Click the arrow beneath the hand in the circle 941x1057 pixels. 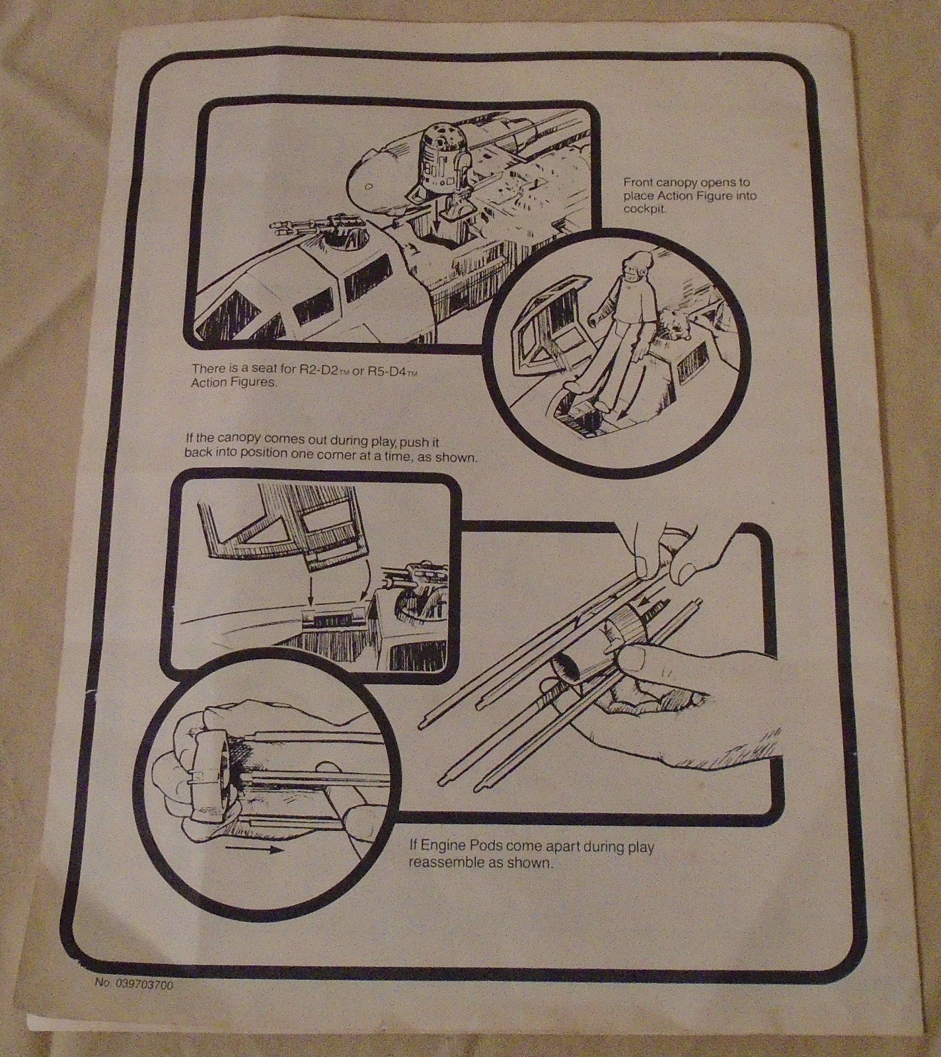[x=254, y=851]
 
